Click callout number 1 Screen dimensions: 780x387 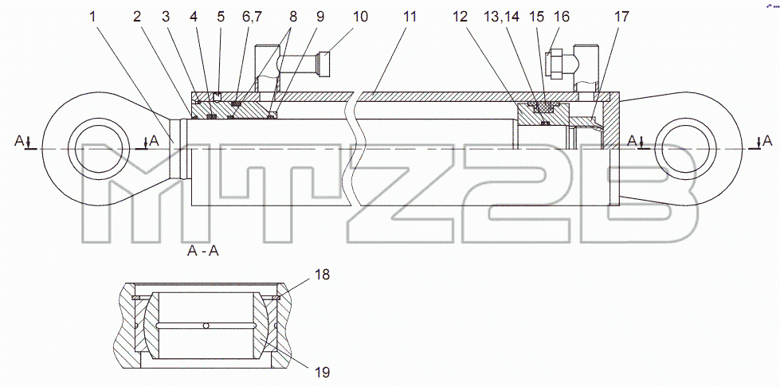click(x=92, y=17)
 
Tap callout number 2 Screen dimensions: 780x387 click(x=137, y=17)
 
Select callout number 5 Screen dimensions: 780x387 click(x=221, y=17)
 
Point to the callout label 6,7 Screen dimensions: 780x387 click(x=252, y=18)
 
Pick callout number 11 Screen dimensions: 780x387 click(x=409, y=17)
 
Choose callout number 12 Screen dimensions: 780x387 click(x=461, y=17)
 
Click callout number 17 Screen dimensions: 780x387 click(x=621, y=17)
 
